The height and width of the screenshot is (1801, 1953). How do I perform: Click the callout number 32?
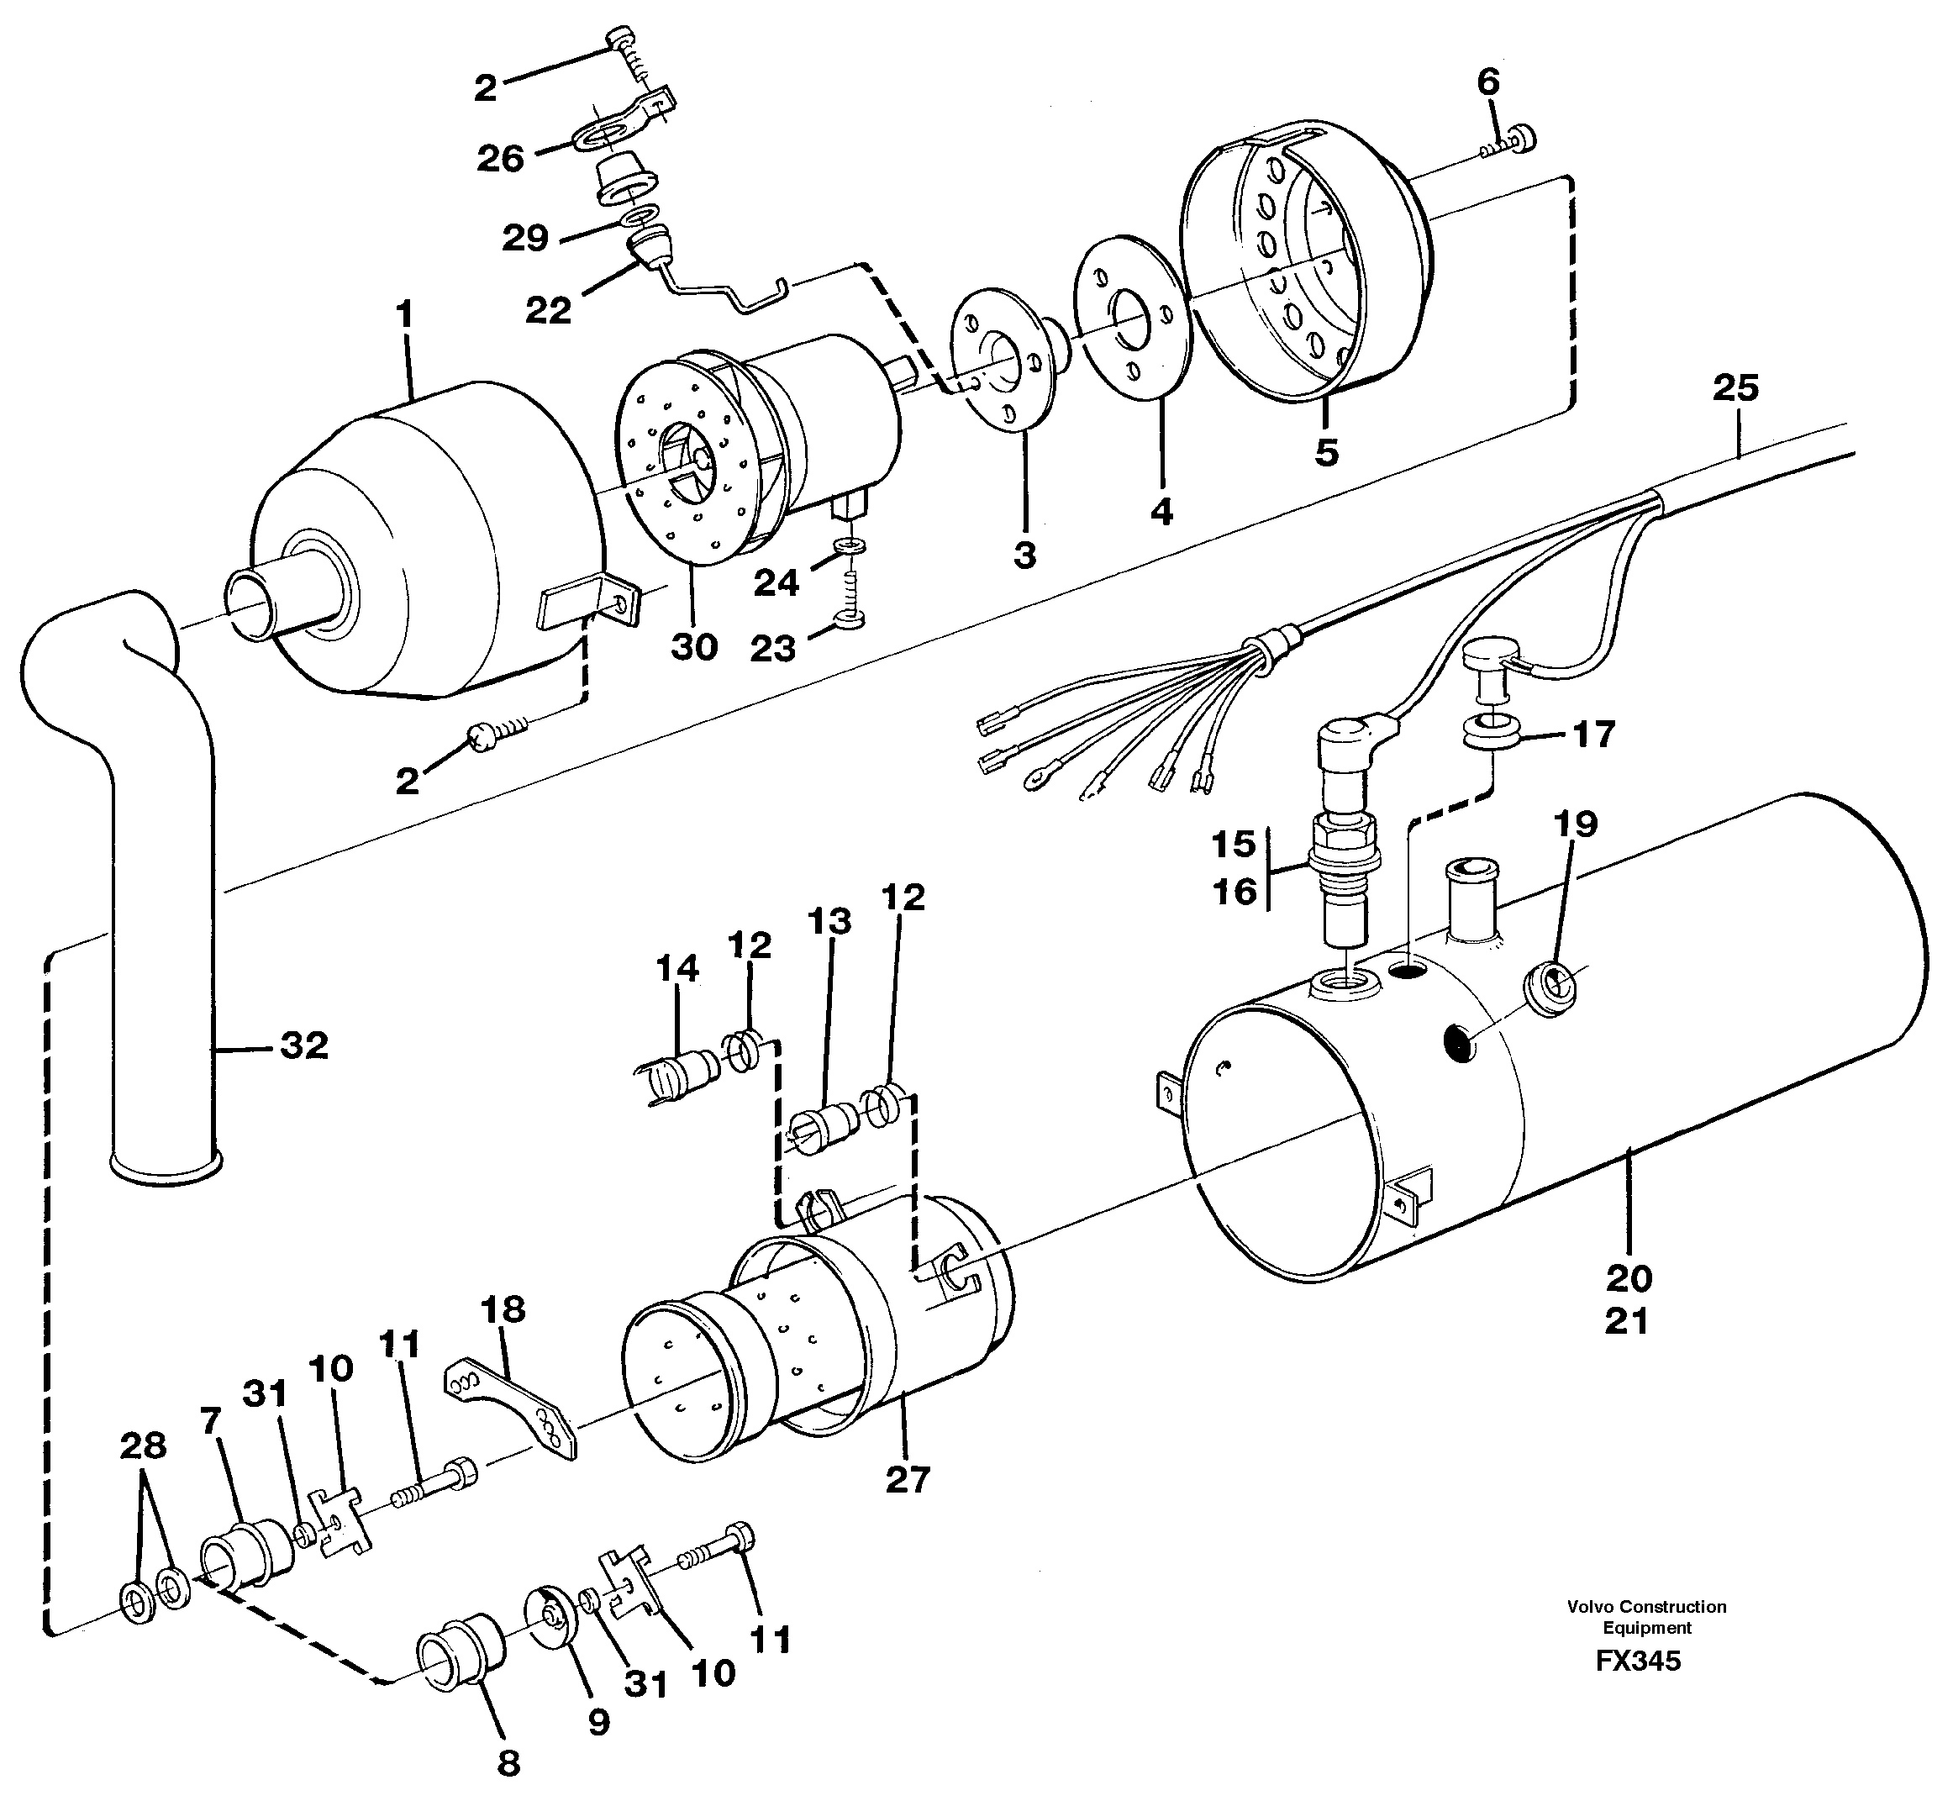pos(303,1045)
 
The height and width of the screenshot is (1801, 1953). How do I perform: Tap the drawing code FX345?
pos(1637,1661)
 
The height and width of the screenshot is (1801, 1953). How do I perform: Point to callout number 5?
pos(1326,452)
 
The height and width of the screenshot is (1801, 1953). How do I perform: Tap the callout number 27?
pos(908,1479)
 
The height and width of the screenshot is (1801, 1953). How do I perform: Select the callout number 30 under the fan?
pos(694,646)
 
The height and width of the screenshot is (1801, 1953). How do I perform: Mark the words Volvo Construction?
pos(1646,1606)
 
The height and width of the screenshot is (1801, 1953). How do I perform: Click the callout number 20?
pos(1629,1277)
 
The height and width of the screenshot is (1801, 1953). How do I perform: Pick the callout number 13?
pos(829,921)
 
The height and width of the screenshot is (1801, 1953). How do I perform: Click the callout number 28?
pos(143,1446)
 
